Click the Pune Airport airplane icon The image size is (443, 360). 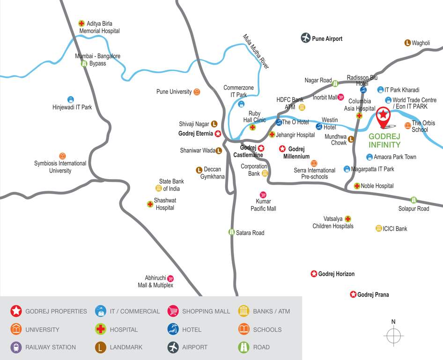306,38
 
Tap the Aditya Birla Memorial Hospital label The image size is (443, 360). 99,27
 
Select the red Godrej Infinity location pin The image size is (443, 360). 384,117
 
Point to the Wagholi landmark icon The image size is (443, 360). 407,43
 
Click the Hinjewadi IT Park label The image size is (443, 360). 72,107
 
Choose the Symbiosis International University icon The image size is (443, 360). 63,156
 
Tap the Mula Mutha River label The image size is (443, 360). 256,52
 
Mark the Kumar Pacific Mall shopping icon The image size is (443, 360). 263,195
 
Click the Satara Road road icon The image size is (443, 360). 231,232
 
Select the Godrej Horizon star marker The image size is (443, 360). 314,274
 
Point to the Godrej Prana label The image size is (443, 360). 373,295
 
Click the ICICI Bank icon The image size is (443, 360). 378,228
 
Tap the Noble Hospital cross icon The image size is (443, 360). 357,186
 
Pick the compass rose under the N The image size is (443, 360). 393,336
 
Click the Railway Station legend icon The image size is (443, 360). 16,347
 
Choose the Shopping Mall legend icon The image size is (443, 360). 173,311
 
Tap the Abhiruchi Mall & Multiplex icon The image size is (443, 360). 170,278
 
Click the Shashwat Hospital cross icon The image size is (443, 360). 150,204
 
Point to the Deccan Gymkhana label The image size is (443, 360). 212,173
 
